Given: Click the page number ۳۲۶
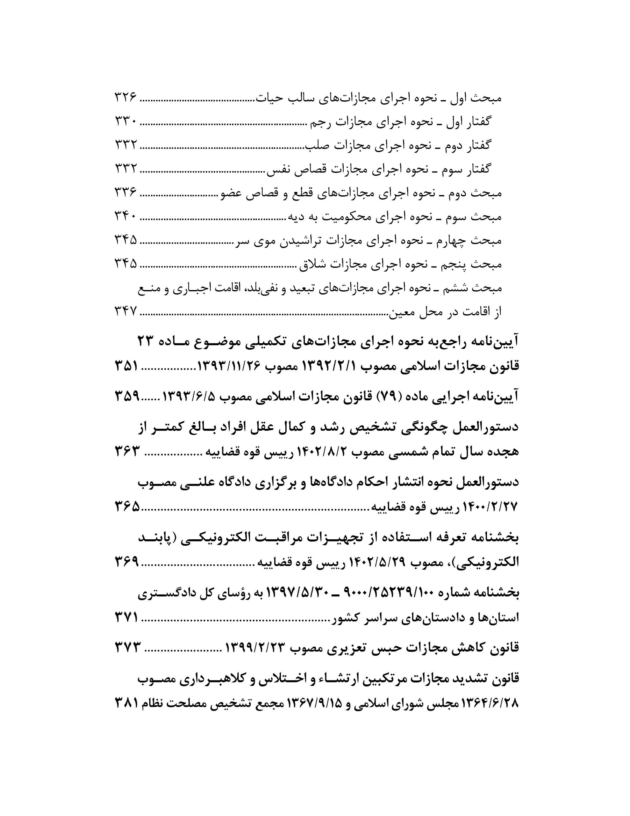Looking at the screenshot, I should click(x=125, y=98).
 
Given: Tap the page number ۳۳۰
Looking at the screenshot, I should click(x=125, y=122).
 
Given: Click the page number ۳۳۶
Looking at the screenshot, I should click(x=125, y=193).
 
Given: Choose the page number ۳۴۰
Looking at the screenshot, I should click(x=125, y=217).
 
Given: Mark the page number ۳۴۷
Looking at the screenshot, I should click(x=125, y=312).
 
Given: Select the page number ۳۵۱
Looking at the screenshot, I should click(x=126, y=367).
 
